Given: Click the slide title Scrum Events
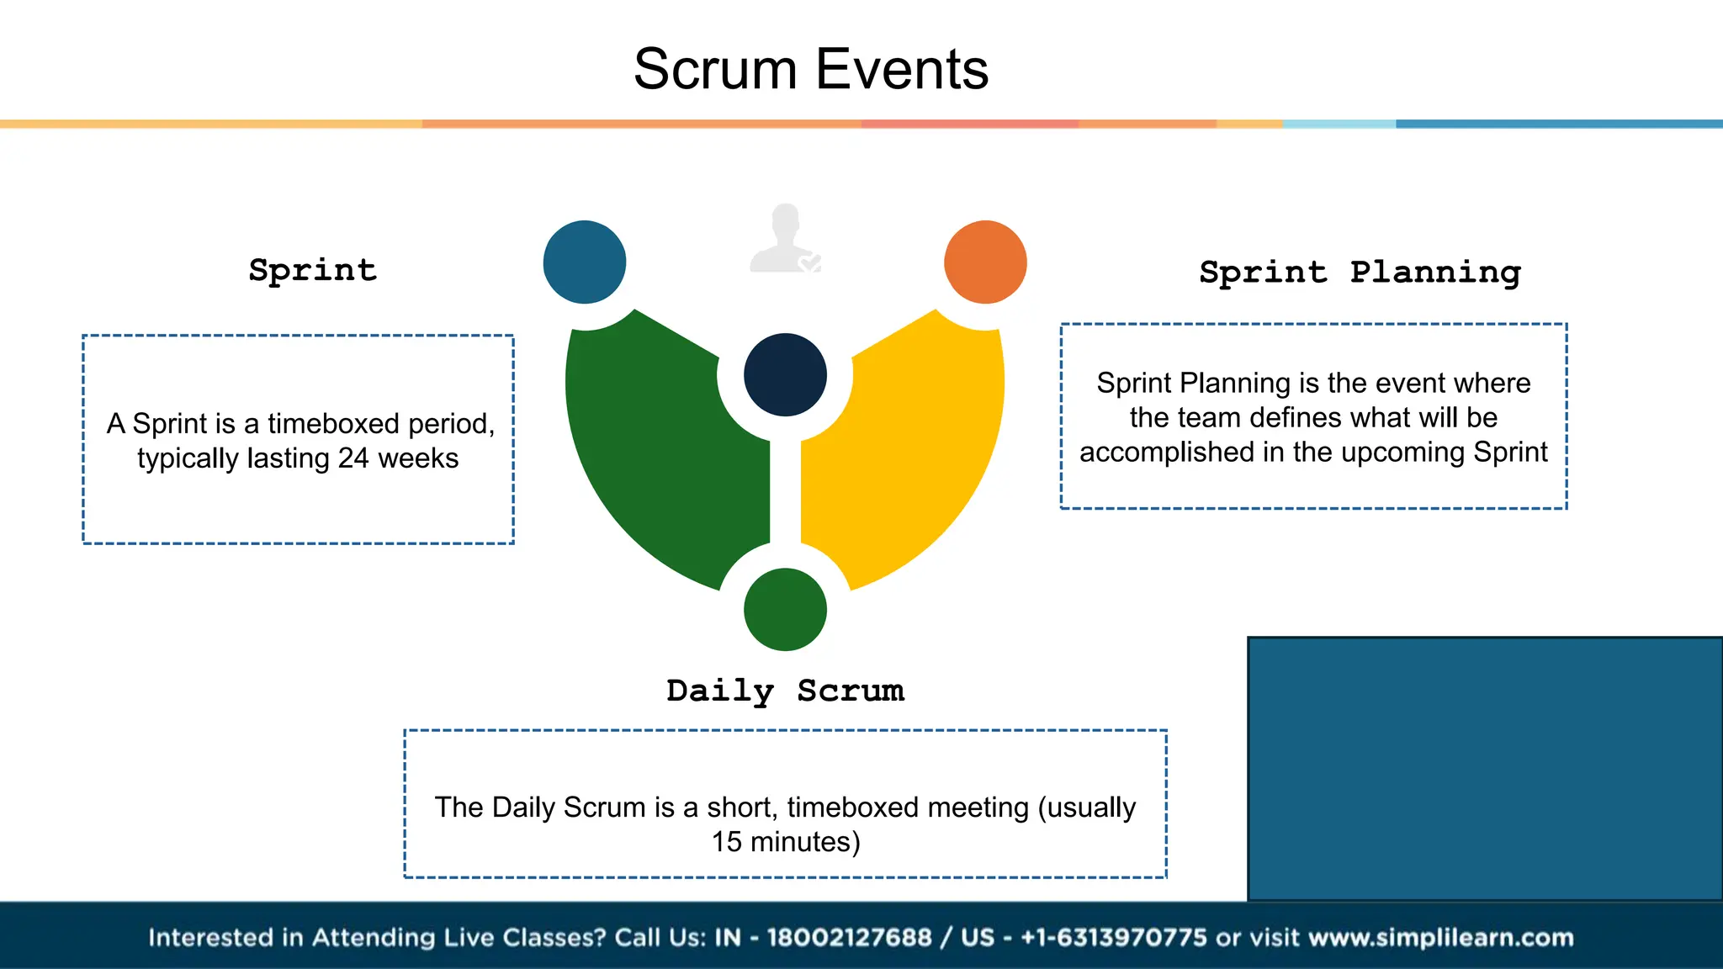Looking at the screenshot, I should tap(810, 69).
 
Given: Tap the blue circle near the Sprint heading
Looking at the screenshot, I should tap(585, 262).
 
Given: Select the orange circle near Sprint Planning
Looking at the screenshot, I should tap(985, 262).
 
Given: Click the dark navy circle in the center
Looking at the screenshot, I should tap(785, 375).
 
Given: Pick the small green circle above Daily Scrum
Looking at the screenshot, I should tap(785, 609).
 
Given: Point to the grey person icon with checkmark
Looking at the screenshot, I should tap(785, 240).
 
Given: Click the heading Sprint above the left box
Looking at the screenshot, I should tap(313, 270).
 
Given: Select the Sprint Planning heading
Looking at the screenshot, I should tap(1360, 273).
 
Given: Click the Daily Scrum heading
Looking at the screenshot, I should tap(785, 691).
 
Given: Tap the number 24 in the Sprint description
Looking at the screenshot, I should tap(353, 458).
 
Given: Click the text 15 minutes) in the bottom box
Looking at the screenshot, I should tap(786, 842).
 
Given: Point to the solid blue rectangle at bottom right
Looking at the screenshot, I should tap(1485, 768).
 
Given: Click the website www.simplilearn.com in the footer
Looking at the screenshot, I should tap(1441, 937).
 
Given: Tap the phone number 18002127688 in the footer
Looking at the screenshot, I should tap(849, 937).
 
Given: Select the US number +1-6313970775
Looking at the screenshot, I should tap(1113, 937).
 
